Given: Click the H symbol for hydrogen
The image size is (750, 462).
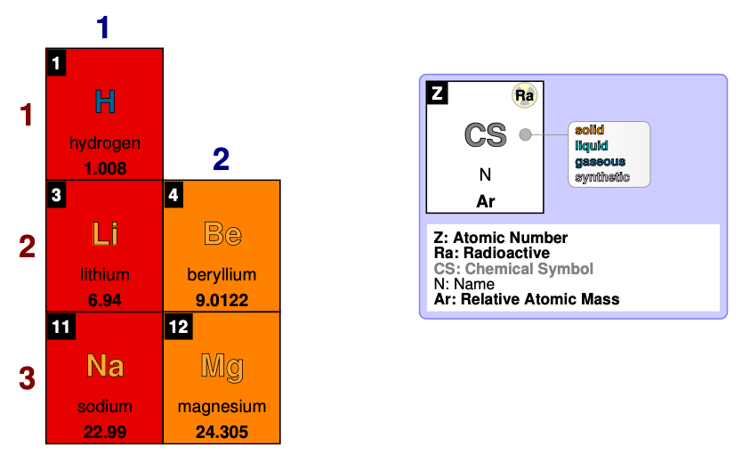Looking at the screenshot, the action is click(105, 102).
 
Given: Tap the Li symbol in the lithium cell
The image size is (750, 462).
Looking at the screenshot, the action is click(105, 234).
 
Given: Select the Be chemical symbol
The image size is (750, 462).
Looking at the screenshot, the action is click(222, 234).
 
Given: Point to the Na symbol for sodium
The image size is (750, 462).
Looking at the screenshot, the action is click(105, 365).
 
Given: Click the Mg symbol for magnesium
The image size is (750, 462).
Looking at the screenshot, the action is click(222, 365).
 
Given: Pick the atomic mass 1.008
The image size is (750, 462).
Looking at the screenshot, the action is click(105, 168).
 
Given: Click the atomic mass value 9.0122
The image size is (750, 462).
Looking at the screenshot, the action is click(222, 300).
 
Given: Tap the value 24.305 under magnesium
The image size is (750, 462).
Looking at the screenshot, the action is click(222, 433).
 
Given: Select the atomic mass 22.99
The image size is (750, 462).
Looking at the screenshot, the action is click(105, 433).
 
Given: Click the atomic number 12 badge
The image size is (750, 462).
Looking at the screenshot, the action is click(178, 327).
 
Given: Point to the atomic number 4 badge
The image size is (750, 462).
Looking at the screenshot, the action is click(173, 195).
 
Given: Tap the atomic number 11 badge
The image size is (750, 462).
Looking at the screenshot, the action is click(60, 327).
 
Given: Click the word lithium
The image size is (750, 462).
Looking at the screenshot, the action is click(105, 275).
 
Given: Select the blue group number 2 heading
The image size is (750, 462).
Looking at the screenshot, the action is click(221, 159).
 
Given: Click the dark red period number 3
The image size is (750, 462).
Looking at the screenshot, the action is click(28, 377).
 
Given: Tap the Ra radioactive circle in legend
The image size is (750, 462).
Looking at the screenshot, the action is click(524, 95).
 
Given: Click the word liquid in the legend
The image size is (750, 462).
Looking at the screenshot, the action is click(593, 146).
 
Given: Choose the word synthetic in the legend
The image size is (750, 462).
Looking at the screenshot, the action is click(602, 177).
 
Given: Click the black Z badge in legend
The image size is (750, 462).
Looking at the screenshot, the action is click(437, 93).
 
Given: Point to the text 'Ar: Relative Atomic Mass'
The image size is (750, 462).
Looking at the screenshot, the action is click(527, 299).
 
